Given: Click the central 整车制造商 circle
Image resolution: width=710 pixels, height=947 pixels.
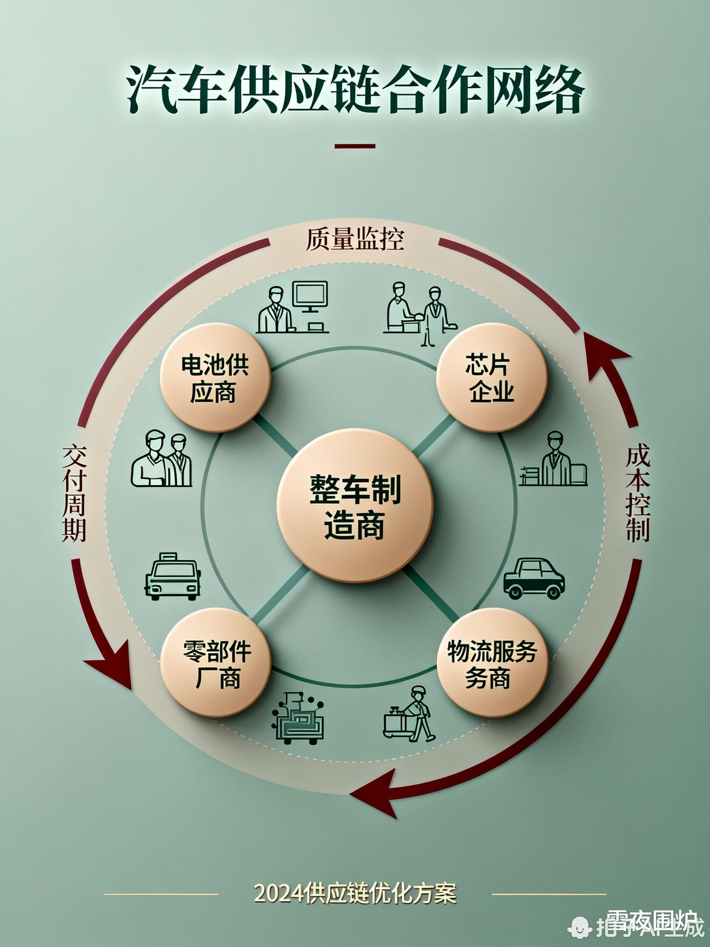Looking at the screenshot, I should coord(355,506).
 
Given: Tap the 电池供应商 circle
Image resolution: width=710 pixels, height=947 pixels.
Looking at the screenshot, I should coord(215,377).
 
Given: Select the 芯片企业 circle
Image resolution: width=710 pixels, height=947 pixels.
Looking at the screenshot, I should coord(492,377).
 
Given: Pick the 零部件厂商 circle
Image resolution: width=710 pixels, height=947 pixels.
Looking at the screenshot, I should coord(216,662).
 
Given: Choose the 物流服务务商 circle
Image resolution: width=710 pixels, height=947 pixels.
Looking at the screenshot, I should coord(492,662).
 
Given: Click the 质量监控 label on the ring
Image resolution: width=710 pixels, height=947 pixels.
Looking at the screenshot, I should coord(355,240).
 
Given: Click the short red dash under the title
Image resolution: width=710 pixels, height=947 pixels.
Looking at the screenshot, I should coord(355,146).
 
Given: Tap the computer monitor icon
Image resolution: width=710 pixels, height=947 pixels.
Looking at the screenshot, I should coord(310,297).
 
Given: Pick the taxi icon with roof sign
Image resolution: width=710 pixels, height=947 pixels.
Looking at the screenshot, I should coord(173,576).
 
